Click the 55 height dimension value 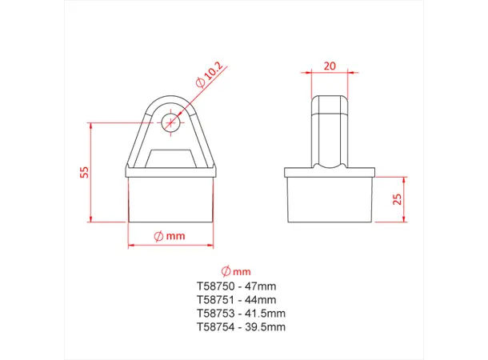tap(84, 172)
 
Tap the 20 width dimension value tap(329, 67)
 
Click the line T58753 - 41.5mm tap(240, 313)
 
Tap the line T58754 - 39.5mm tap(240, 326)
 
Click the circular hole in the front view tap(170, 122)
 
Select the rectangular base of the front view tap(170, 200)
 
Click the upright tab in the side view tap(330, 128)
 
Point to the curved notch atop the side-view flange tap(330, 166)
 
